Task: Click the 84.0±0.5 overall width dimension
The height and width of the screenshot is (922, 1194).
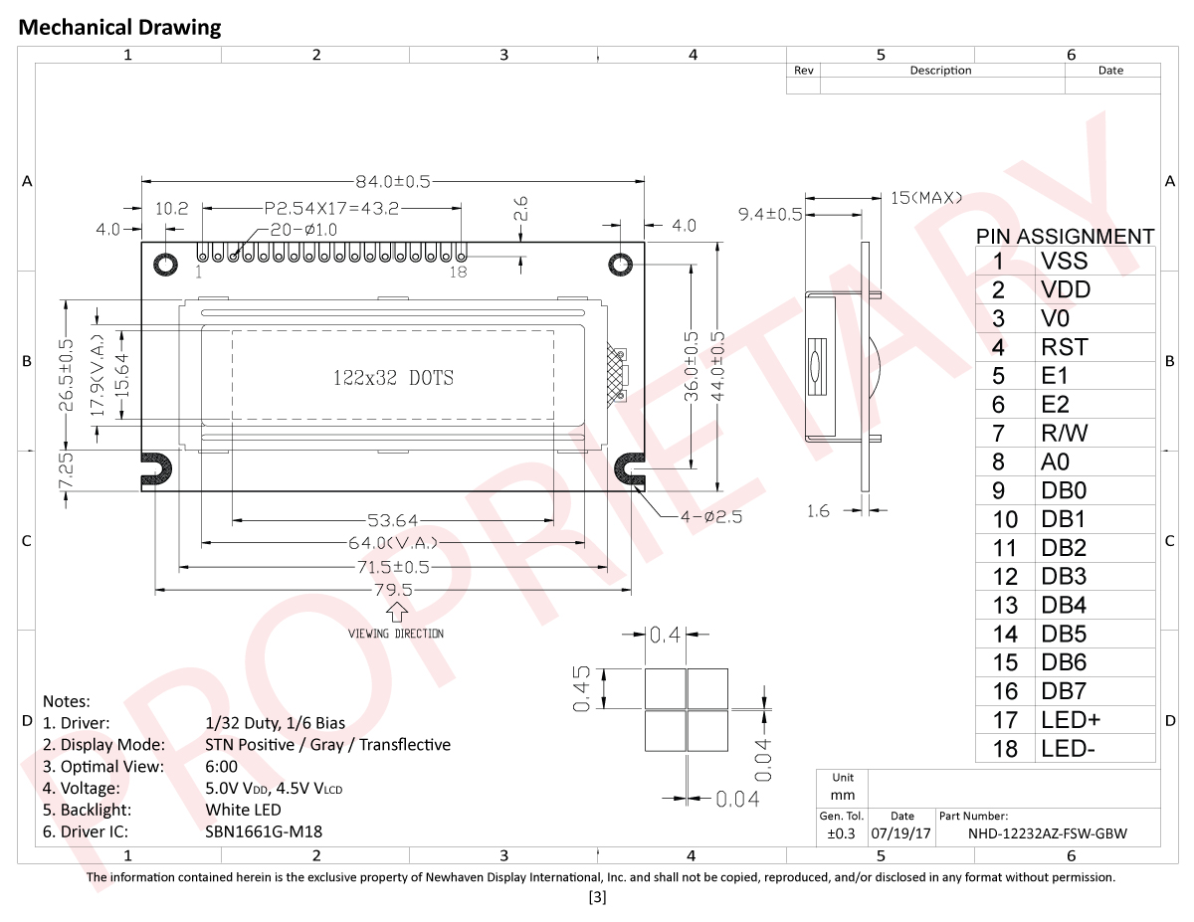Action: (x=393, y=182)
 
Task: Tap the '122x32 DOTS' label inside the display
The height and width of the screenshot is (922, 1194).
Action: (x=392, y=378)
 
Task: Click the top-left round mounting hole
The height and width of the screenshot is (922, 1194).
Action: (x=165, y=264)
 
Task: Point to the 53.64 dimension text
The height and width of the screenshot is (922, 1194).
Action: (x=392, y=520)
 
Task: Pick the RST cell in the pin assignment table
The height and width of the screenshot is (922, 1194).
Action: (x=1064, y=347)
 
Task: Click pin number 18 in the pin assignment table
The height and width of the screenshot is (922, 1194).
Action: (x=1005, y=749)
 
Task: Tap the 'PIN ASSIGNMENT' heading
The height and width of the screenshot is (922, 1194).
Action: (x=1065, y=236)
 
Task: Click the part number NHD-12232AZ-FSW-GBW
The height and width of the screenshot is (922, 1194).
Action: (x=1048, y=834)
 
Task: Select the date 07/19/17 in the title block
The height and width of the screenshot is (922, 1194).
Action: (x=900, y=834)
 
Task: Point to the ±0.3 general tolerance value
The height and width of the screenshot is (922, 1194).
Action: (x=842, y=834)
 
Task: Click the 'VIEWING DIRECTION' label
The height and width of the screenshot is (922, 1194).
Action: (x=396, y=634)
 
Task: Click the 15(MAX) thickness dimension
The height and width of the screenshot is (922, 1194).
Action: (x=925, y=198)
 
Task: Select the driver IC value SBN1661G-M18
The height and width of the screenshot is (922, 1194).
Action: (x=264, y=831)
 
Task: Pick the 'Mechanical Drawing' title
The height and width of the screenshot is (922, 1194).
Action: (x=120, y=28)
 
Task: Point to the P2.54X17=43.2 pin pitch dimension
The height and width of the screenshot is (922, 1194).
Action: (x=331, y=209)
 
